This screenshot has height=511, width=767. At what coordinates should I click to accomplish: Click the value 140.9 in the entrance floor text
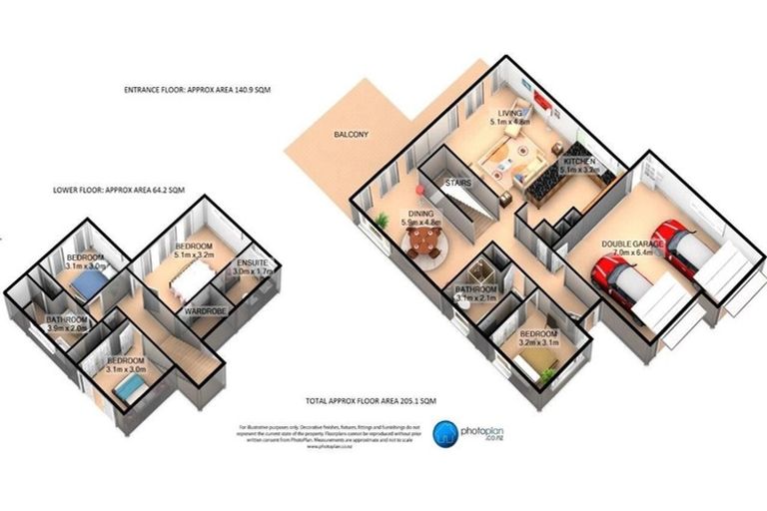[236, 90]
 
